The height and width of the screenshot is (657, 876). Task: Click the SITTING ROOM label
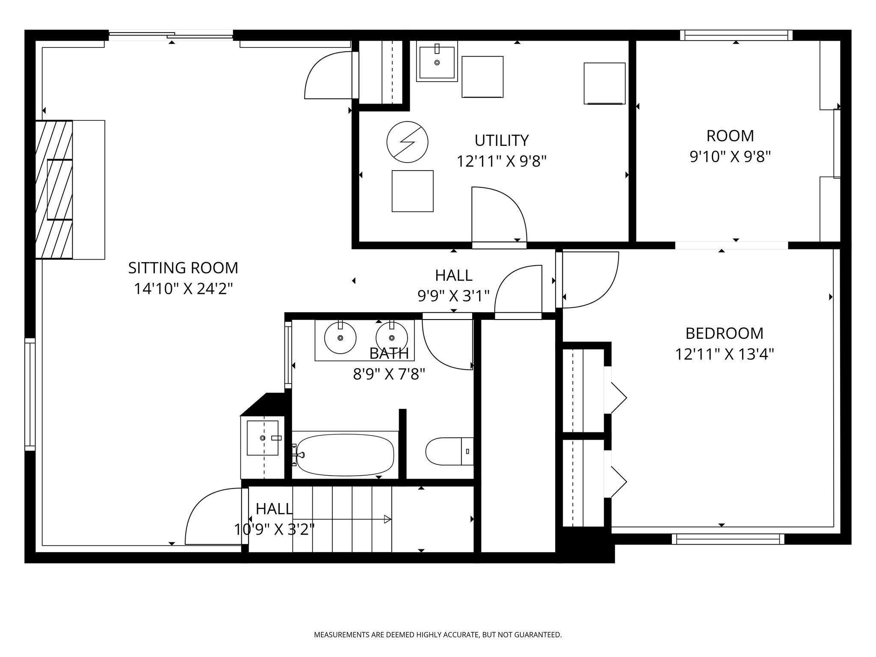point(183,268)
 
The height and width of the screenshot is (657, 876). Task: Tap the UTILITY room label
point(501,140)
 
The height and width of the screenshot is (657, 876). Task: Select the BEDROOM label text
point(724,333)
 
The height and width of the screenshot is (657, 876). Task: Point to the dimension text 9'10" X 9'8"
point(730,157)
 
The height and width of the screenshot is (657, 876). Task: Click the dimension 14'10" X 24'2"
point(183,289)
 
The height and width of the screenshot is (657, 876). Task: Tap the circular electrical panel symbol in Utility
point(407,142)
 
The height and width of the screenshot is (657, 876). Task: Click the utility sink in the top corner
point(437,61)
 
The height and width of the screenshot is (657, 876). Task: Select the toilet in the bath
point(450,451)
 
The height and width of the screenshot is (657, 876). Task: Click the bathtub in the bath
point(344,455)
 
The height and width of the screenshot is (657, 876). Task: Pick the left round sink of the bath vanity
point(340,337)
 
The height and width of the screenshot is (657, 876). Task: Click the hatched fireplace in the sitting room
point(54,189)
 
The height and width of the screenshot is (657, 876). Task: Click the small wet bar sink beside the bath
point(263,438)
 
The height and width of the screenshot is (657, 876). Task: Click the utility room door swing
point(499,215)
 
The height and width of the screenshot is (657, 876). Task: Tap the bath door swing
point(447,342)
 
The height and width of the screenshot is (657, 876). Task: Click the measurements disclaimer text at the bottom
point(438,635)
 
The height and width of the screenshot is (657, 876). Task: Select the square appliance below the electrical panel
point(412,191)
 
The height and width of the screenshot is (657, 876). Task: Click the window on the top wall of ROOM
point(736,35)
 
